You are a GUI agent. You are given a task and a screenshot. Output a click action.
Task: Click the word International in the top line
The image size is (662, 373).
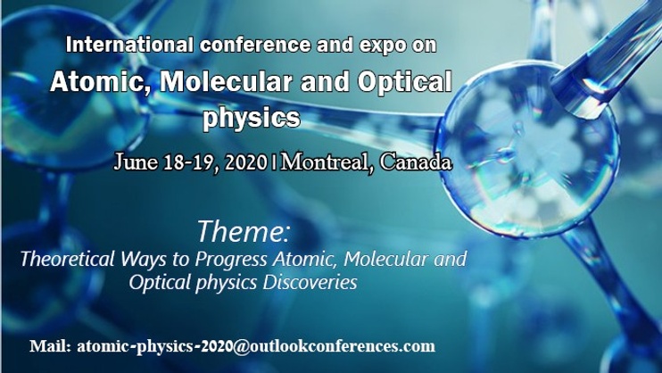click(129, 45)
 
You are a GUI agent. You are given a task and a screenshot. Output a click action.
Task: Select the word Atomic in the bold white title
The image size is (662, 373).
click(101, 82)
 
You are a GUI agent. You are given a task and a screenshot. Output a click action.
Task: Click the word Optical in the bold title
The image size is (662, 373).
click(405, 81)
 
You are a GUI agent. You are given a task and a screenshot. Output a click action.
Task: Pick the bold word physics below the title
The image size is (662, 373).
click(252, 119)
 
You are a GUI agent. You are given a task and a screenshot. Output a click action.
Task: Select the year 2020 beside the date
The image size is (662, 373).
click(246, 162)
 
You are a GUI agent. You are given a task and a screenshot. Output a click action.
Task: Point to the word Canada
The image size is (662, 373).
click(416, 162)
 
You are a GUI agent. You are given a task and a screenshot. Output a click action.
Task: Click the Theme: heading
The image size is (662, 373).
click(244, 231)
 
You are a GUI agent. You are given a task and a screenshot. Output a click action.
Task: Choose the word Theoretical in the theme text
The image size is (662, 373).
click(68, 259)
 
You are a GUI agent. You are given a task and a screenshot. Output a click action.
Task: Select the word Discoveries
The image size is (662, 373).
click(310, 282)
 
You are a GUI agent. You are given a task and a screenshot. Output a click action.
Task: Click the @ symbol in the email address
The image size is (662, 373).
click(242, 346)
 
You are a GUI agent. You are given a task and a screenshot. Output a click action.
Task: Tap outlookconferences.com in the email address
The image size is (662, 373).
click(343, 346)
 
